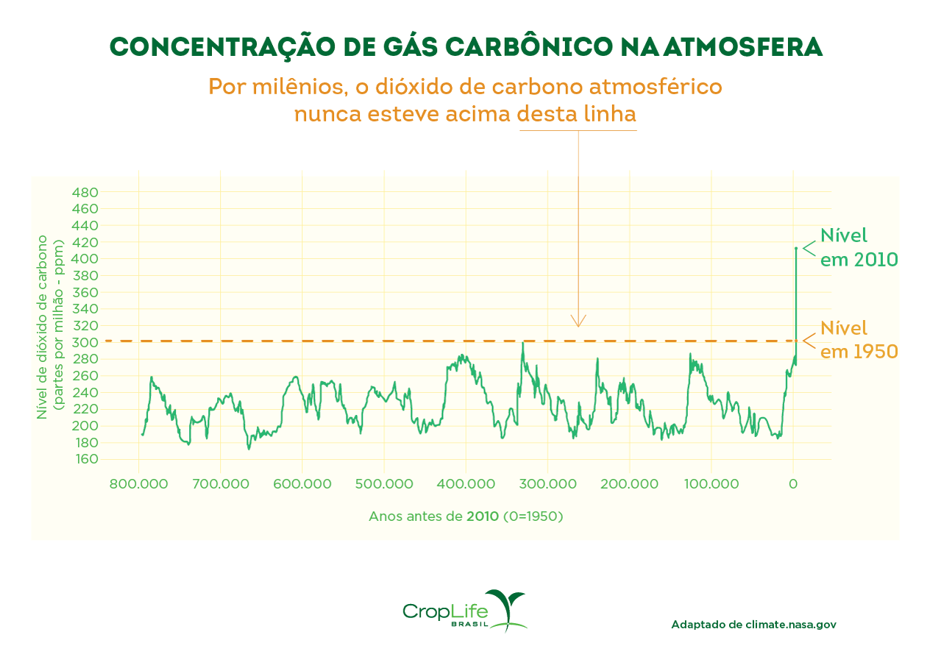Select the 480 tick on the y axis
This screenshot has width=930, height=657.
pyautogui.click(x=86, y=193)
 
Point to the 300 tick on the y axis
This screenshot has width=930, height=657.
pyautogui.click(x=86, y=343)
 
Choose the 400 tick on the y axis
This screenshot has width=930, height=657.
pyautogui.click(x=86, y=259)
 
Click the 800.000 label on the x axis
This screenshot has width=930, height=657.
pyautogui.click(x=139, y=484)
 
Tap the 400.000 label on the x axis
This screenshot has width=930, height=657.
pyautogui.click(x=466, y=484)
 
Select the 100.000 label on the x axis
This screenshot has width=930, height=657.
pyautogui.click(x=711, y=484)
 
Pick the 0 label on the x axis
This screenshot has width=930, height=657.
pyautogui.click(x=793, y=484)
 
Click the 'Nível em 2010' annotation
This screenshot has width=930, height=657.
pyautogui.click(x=858, y=248)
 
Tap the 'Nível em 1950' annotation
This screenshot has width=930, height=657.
pyautogui.click(x=858, y=339)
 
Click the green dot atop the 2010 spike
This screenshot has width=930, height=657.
pyautogui.click(x=795, y=249)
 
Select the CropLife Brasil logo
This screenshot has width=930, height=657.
pyautogui.click(x=464, y=611)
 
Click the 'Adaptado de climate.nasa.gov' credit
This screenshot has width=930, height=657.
pyautogui.click(x=753, y=625)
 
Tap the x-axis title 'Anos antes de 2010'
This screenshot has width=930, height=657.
pyautogui.click(x=466, y=516)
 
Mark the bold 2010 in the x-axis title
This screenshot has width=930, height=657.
pyautogui.click(x=483, y=516)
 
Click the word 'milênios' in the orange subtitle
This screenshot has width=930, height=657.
pyautogui.click(x=294, y=87)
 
